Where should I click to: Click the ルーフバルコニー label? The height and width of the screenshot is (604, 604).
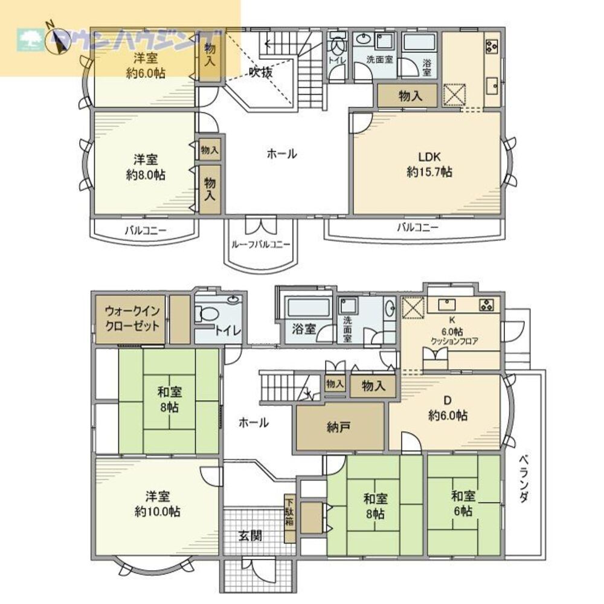pos(260,244)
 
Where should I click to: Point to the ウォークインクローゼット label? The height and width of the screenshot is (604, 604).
pos(132,319)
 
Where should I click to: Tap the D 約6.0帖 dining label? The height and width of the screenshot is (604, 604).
pos(448,408)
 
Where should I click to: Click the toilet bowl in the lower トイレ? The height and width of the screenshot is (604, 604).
pos(207,314)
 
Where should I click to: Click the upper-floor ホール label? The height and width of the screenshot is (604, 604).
pos(281,154)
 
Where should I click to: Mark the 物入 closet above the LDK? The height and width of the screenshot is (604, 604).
pos(408,95)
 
